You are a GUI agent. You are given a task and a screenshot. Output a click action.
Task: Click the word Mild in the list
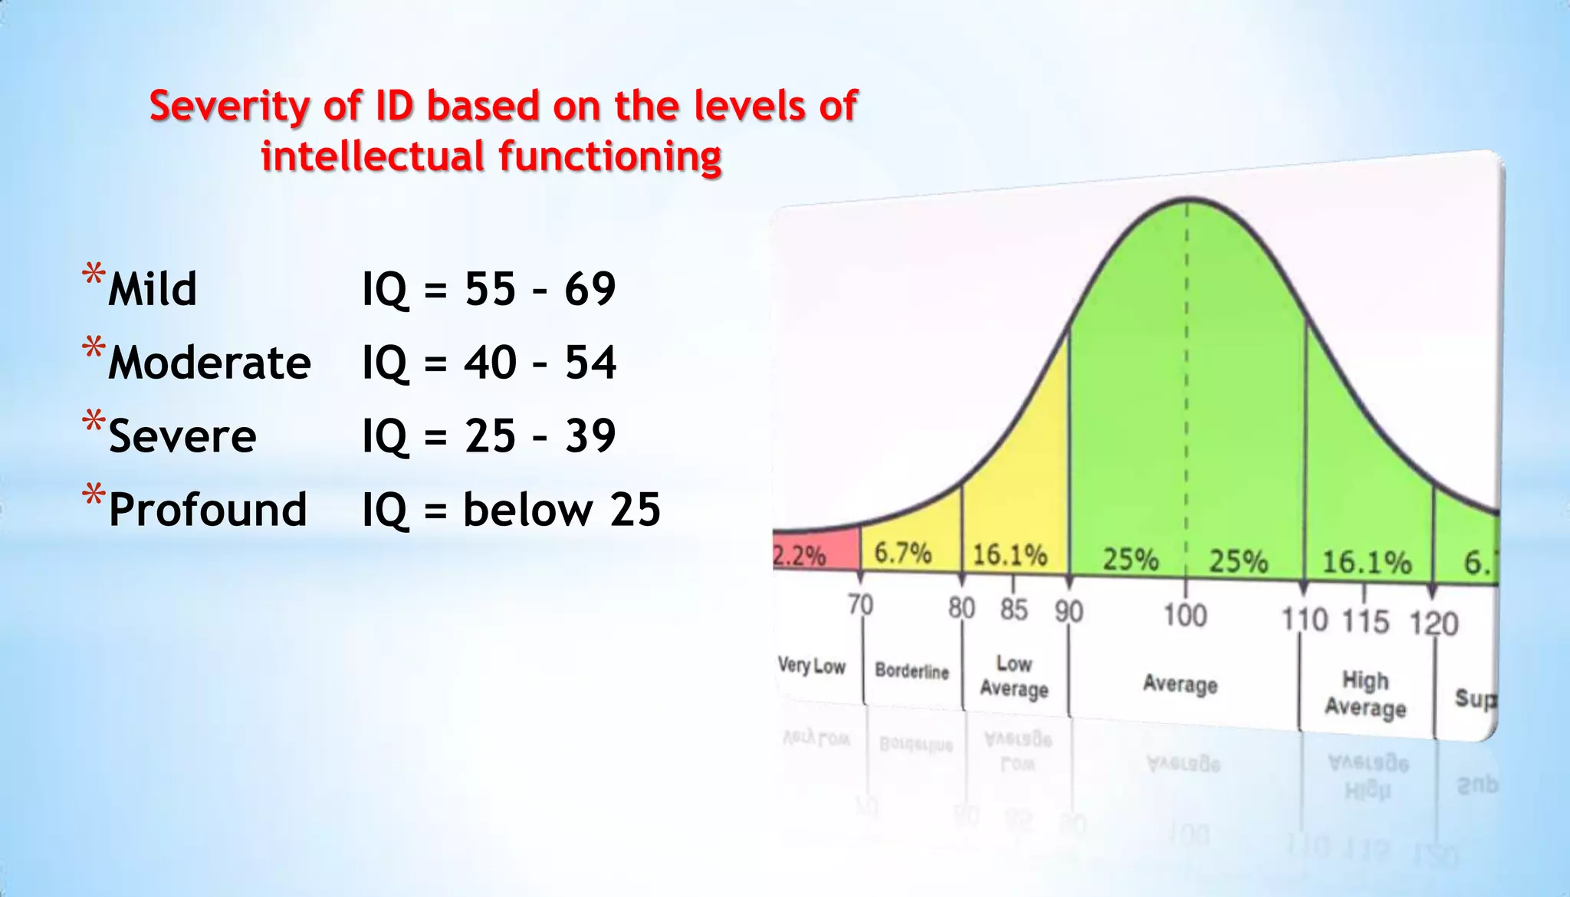coord(153,289)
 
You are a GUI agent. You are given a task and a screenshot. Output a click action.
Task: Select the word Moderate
coord(209,363)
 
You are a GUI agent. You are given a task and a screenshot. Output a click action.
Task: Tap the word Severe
coord(182,436)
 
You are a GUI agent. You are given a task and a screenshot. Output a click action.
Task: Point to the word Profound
coord(208,510)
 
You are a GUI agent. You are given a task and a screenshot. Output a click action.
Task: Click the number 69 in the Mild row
coord(590,289)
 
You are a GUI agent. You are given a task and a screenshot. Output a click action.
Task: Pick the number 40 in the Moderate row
coord(490,363)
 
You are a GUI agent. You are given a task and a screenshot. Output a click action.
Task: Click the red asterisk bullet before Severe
coord(94,422)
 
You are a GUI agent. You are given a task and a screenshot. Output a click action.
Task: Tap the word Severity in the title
coord(229,107)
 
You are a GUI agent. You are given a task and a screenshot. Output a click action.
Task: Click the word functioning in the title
coord(610,156)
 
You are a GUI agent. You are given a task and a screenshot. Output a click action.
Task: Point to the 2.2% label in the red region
coord(799,554)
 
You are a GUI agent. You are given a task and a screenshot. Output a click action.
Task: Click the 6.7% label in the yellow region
coord(903,552)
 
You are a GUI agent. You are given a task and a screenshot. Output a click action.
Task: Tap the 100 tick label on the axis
coord(1185,615)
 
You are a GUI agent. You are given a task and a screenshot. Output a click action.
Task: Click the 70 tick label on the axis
coord(860,605)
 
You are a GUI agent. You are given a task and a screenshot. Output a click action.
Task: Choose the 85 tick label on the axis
coord(1013,609)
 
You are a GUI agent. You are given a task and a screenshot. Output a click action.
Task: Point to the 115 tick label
coord(1365,621)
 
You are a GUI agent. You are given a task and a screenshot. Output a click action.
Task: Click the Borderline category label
coord(911,671)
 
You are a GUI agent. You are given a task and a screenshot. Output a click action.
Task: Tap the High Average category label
coord(1365,693)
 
